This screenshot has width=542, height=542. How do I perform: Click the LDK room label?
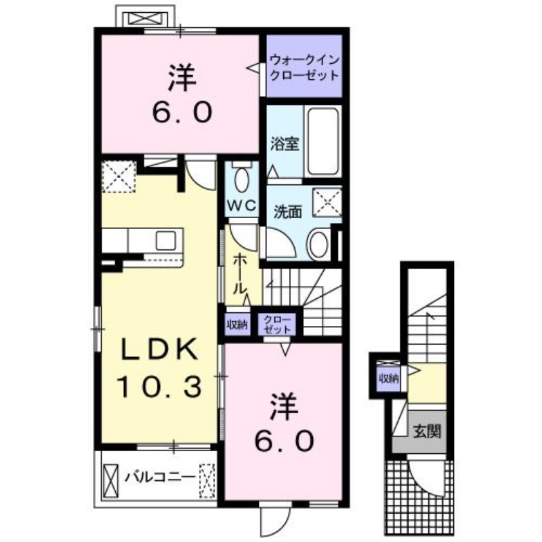coord(160,350)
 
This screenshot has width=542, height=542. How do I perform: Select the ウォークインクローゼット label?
coord(302,66)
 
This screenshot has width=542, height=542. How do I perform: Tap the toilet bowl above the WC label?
coord(241,179)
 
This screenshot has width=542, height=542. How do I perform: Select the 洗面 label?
coord(287,211)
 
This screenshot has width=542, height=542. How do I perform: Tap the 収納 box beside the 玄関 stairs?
coord(388,377)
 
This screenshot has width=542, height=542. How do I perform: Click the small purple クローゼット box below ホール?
coord(276,324)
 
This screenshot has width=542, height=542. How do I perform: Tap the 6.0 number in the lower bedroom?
coord(284,442)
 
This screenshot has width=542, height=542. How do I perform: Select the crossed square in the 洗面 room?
coord(325,201)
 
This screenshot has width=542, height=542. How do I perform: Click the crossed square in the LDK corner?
coord(119,178)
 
